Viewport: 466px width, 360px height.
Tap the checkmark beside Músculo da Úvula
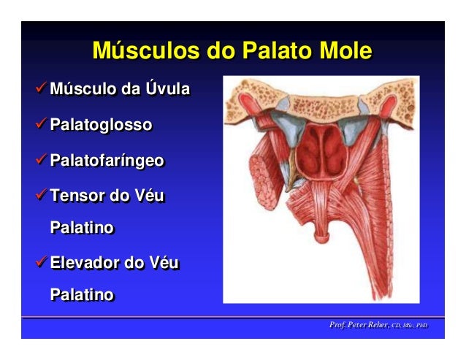(42, 90)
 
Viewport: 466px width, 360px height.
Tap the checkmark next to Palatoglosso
(42, 125)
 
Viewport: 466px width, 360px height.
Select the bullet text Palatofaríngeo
(107, 161)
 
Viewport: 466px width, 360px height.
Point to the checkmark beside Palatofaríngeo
(42, 161)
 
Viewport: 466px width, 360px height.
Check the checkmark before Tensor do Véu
(42, 196)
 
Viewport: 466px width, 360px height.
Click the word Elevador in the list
(87, 262)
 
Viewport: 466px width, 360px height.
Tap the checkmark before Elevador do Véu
(42, 262)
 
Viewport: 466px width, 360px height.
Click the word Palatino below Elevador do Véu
(82, 295)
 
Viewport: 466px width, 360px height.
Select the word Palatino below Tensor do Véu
(82, 228)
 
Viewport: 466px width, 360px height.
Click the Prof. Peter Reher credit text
(378, 324)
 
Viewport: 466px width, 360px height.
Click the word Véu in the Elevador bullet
(163, 262)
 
